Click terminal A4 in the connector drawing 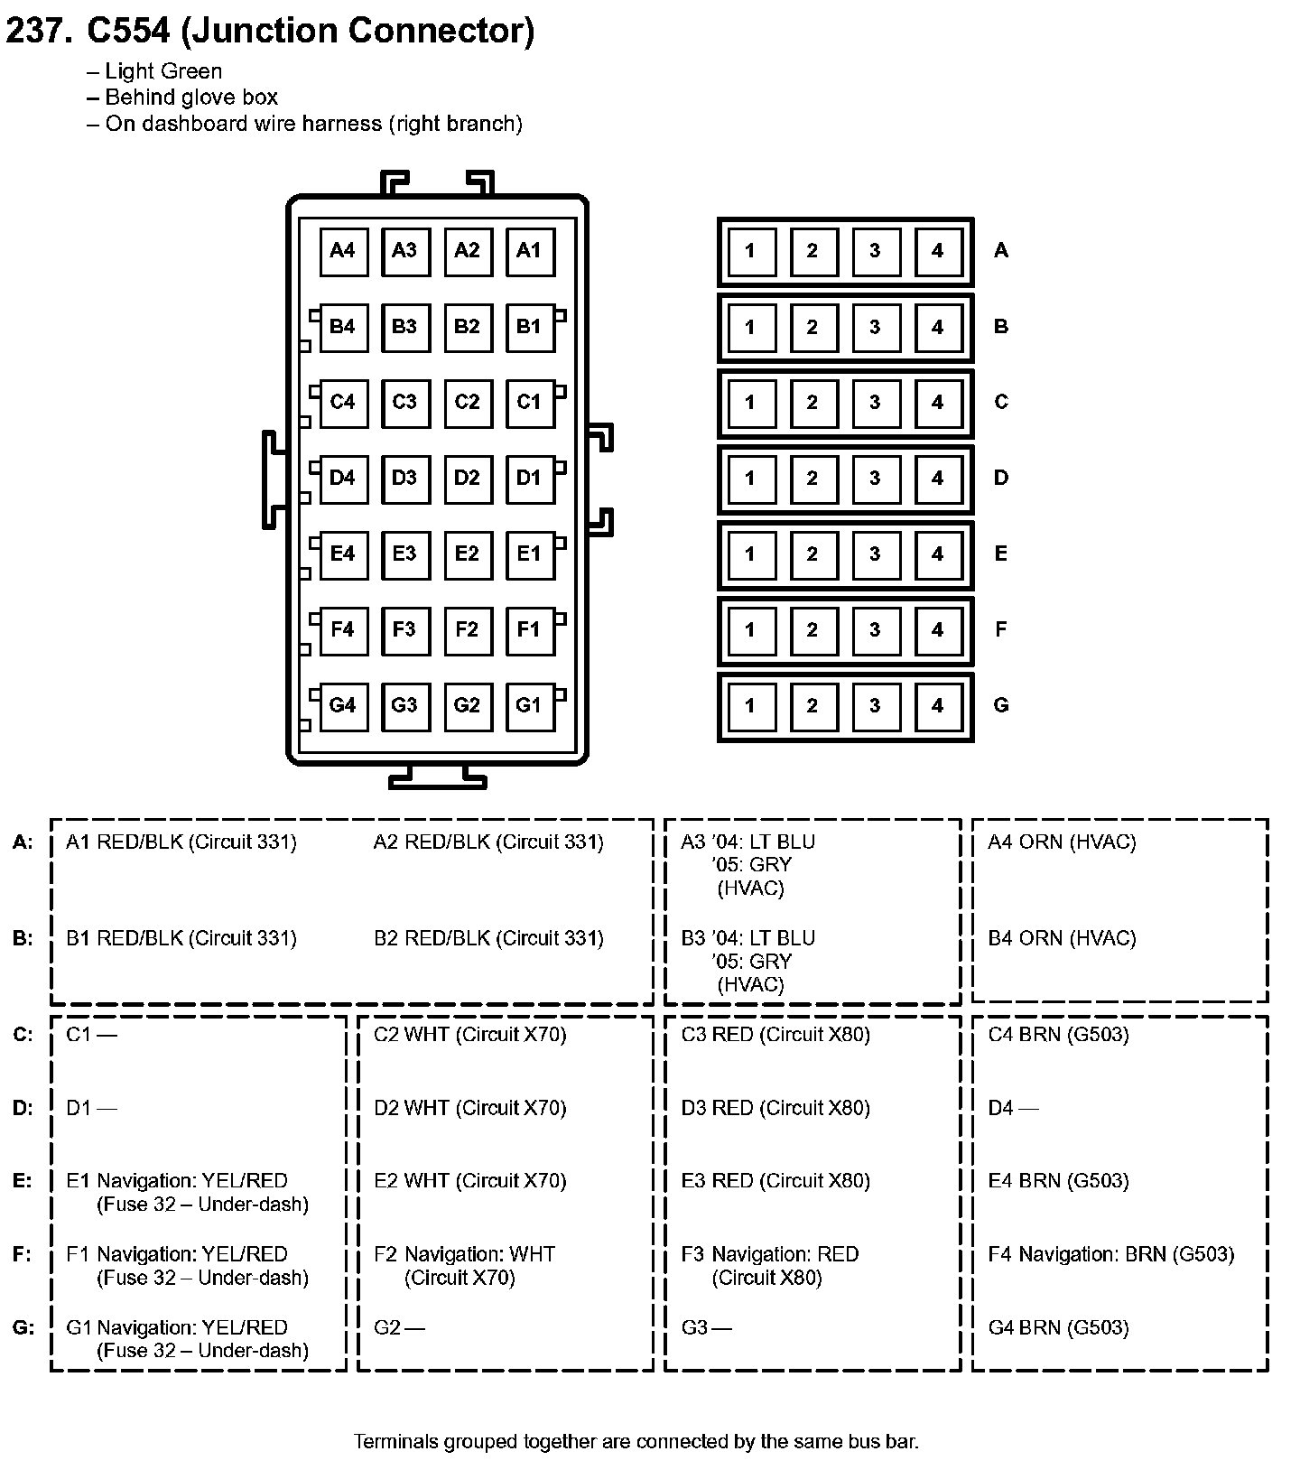[343, 251]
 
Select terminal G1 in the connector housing [529, 705]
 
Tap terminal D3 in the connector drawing [404, 478]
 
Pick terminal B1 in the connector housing [529, 326]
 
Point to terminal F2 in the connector [467, 629]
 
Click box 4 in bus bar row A [937, 251]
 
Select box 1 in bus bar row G [750, 705]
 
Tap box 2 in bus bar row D [812, 478]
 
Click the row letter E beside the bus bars [1000, 554]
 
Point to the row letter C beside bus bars [1000, 402]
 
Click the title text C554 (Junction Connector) [311, 31]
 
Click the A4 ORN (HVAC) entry [1062, 842]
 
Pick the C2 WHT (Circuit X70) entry [470, 1035]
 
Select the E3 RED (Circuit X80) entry [775, 1181]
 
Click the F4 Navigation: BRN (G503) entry [1111, 1254]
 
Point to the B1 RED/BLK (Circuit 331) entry [181, 939]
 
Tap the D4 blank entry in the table [1013, 1108]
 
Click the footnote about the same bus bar [636, 1441]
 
